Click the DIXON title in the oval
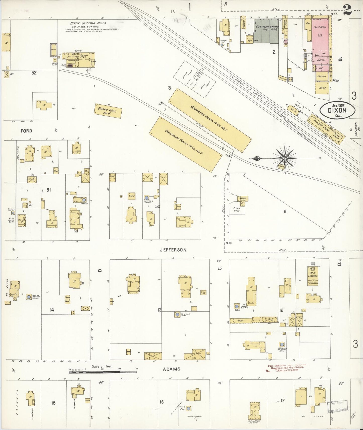pyautogui.click(x=337, y=110)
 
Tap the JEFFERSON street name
pyautogui.click(x=173, y=250)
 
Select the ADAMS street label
pyautogui.click(x=171, y=369)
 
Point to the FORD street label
pyautogui.click(x=26, y=131)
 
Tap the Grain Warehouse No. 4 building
pyautogui.click(x=108, y=111)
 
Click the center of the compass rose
pyautogui.click(x=285, y=158)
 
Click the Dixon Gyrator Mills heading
pyautogui.click(x=88, y=23)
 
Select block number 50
pyautogui.click(x=158, y=206)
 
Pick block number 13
pyautogui.click(x=159, y=310)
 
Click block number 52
pyautogui.click(x=34, y=73)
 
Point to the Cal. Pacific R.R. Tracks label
pyautogui.click(x=259, y=95)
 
